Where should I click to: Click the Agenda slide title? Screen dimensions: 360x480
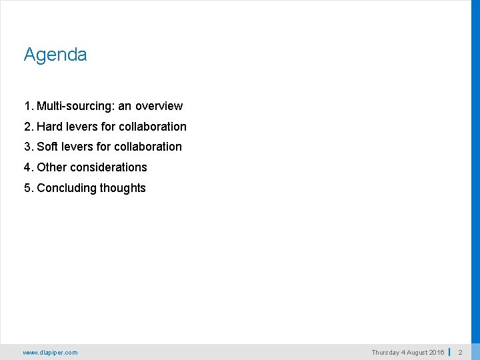[x=55, y=55]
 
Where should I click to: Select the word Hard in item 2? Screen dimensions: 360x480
[x=50, y=127]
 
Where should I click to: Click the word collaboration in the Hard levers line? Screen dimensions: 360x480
[x=153, y=127]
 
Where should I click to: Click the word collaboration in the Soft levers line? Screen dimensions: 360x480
[x=148, y=147]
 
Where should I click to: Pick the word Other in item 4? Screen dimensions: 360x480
[x=52, y=167]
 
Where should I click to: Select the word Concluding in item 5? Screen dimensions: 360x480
[x=67, y=188]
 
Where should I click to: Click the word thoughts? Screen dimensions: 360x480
[x=123, y=188]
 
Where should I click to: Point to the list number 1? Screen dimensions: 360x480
[x=27, y=106]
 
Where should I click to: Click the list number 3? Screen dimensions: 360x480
[x=27, y=147]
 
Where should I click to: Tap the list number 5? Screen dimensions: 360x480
[x=27, y=188]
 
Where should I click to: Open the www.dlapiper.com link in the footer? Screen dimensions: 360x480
[x=50, y=353]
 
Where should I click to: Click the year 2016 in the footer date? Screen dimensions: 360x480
[x=437, y=353]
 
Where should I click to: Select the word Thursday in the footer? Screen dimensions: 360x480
[x=385, y=353]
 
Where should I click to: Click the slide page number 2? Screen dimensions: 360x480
[x=460, y=353]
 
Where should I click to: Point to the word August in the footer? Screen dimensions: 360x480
[x=415, y=353]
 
